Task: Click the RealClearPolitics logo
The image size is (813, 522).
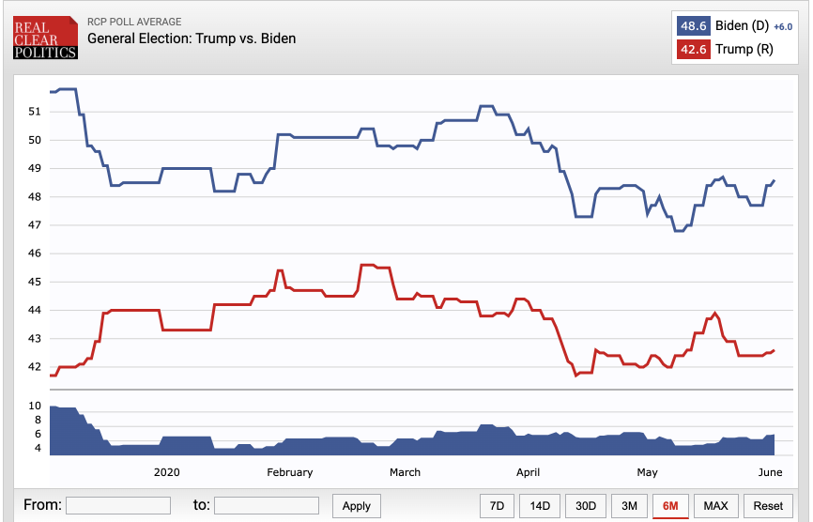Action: [45, 38]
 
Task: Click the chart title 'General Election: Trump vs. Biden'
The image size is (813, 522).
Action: [192, 38]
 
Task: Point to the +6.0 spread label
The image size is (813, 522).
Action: [784, 25]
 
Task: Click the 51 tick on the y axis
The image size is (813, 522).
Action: [35, 112]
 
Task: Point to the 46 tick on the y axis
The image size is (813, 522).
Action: [35, 253]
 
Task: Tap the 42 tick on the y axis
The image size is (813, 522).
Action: [35, 367]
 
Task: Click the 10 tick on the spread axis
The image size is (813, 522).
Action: [35, 406]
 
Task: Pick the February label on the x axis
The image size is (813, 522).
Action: [290, 472]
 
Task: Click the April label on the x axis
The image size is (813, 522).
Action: [528, 472]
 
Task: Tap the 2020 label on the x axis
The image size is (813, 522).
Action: [166, 472]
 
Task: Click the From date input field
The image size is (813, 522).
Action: [117, 505]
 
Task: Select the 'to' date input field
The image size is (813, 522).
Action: [268, 505]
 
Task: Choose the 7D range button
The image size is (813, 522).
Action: [497, 506]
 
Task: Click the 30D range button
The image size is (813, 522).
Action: [586, 506]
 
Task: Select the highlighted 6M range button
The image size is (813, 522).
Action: [671, 506]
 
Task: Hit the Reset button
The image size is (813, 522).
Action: [768, 506]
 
